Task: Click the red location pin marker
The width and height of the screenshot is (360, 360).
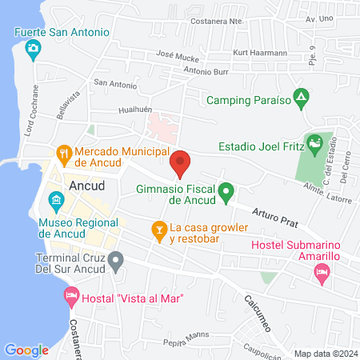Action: coord(180,163)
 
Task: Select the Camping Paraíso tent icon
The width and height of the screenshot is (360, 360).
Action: coord(300,101)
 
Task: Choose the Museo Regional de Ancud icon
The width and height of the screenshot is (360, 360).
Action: coord(55,199)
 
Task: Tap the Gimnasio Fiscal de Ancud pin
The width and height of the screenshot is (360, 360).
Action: coord(226,192)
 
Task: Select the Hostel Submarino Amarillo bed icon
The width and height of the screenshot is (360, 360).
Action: coord(322,274)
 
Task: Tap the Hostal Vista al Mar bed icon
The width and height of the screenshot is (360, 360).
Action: coord(70,298)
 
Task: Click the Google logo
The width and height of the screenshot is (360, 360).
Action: coord(26,350)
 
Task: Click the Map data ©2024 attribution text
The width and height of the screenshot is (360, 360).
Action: coord(324,354)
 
